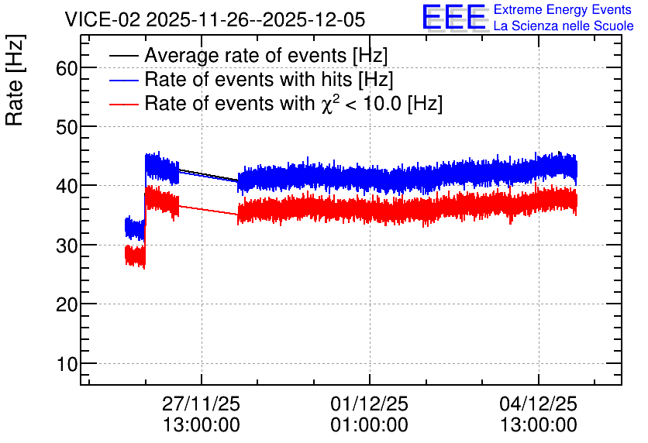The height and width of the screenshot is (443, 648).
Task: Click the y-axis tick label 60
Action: [x=67, y=68]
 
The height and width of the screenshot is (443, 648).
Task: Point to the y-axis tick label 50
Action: [x=67, y=127]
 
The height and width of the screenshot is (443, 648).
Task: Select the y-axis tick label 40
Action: [x=67, y=186]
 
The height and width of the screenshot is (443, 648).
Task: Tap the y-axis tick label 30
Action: [x=67, y=246]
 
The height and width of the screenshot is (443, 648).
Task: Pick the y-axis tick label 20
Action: [x=67, y=304]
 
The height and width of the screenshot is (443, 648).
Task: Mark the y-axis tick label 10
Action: [x=67, y=364]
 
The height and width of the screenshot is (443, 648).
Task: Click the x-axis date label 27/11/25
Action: [x=201, y=404]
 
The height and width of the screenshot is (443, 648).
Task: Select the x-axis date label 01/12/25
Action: [x=369, y=404]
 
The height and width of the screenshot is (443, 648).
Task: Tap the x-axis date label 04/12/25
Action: [x=538, y=404]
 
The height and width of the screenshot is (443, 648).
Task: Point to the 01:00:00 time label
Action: [x=369, y=424]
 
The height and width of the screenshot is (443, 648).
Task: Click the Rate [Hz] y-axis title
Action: [x=15, y=80]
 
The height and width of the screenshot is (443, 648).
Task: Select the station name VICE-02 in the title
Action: [x=103, y=19]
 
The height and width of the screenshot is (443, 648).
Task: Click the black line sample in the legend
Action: [x=123, y=56]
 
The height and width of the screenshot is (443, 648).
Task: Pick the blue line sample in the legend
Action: [x=123, y=80]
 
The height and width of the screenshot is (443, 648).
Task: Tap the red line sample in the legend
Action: [x=123, y=104]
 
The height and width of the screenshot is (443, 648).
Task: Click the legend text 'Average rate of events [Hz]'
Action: [x=266, y=56]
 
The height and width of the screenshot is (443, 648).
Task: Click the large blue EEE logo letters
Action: [x=454, y=17]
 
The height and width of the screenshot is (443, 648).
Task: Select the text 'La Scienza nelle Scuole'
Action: [x=564, y=26]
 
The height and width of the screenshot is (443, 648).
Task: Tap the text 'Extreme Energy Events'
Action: [x=563, y=9]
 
